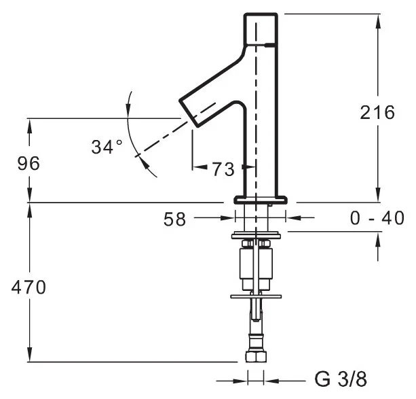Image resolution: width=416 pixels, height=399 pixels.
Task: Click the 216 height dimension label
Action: (377, 112)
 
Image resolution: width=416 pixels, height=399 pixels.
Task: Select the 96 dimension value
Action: (29, 164)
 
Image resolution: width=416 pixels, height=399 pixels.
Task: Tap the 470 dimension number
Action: (29, 288)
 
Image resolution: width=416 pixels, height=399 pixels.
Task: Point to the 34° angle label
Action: (107, 147)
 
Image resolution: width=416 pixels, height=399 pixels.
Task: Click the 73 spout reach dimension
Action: (223, 169)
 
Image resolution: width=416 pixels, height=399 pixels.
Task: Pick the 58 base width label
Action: (174, 220)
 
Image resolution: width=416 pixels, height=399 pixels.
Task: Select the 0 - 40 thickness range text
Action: (377, 218)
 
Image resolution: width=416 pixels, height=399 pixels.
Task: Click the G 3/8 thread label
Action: (341, 379)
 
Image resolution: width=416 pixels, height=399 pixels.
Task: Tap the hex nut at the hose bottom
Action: (254, 356)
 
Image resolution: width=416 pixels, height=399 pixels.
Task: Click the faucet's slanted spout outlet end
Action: (189, 114)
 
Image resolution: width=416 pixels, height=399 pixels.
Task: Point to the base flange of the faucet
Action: (261, 200)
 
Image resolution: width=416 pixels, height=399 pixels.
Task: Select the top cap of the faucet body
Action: (261, 29)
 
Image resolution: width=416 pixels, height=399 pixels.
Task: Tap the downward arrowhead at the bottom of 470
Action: (29, 354)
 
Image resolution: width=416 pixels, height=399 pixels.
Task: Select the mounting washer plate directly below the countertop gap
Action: (256, 236)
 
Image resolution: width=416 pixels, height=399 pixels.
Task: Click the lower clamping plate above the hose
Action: (256, 296)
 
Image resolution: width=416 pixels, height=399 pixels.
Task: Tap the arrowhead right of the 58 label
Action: (228, 218)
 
